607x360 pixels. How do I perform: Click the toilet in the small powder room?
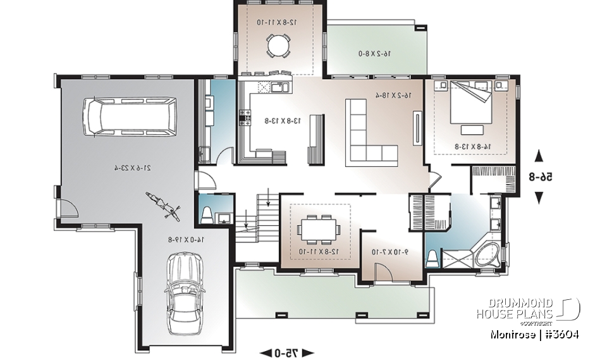click(206, 216)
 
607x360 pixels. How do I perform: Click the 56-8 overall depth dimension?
click(538, 178)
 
